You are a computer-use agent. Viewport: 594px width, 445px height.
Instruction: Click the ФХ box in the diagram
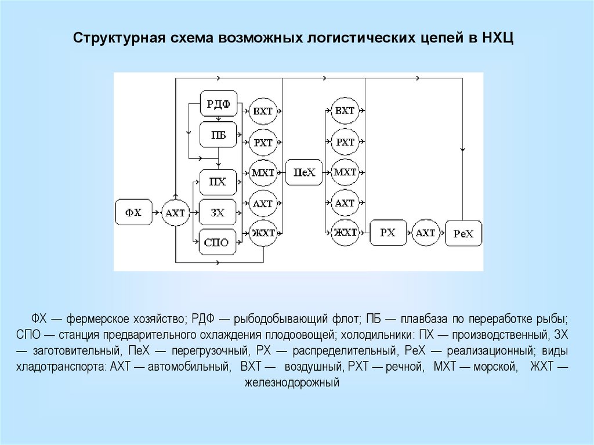click(134, 213)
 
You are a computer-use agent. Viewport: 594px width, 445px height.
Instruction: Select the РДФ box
click(219, 105)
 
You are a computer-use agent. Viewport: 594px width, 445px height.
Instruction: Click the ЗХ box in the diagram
click(218, 213)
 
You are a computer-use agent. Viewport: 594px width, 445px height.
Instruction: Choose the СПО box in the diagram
click(218, 243)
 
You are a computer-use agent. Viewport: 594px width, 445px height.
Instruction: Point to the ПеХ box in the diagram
click(304, 172)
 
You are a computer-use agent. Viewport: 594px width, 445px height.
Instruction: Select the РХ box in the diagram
click(387, 233)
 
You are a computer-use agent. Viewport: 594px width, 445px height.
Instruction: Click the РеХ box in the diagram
click(463, 234)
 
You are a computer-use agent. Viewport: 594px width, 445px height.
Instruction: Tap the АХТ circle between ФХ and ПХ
click(175, 213)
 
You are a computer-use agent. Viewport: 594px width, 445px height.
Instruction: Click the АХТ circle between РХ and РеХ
click(426, 233)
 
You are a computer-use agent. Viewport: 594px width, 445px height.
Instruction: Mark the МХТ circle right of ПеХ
click(345, 172)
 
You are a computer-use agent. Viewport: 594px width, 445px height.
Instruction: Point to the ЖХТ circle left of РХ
click(345, 233)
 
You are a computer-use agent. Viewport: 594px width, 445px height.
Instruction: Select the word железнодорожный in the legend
click(291, 384)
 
